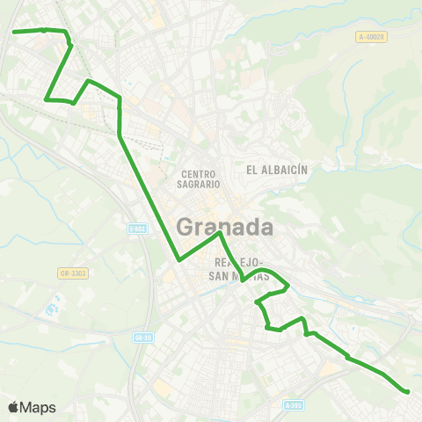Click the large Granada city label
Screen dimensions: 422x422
(x=225, y=227)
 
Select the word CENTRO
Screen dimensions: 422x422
(x=198, y=174)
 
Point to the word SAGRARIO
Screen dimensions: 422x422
(x=198, y=185)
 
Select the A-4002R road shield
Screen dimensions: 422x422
(x=372, y=36)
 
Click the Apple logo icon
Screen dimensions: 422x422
(x=13, y=407)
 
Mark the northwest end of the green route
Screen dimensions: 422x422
(x=14, y=32)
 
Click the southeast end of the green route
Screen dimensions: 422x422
(x=408, y=391)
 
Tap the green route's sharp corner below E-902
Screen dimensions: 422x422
(x=178, y=260)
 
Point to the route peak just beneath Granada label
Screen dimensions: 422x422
(x=219, y=234)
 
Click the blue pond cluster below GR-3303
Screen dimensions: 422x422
(x=50, y=310)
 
